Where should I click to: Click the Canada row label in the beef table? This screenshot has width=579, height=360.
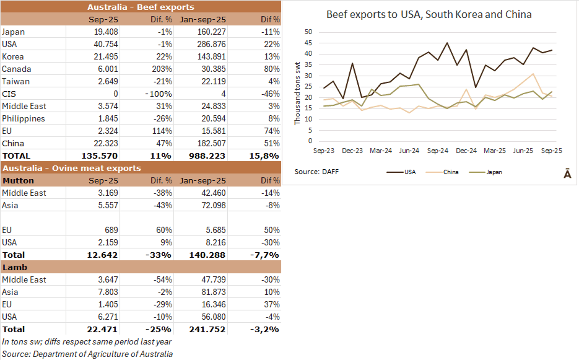pyautogui.click(x=17, y=69)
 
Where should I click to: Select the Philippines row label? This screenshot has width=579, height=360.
pyautogui.click(x=24, y=118)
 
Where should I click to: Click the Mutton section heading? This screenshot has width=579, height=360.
pyautogui.click(x=19, y=180)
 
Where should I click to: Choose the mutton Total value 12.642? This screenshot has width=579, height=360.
pyautogui.click(x=101, y=255)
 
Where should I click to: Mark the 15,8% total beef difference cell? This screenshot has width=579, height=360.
pyautogui.click(x=264, y=156)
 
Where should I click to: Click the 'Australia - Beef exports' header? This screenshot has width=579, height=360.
pyautogui.click(x=141, y=7)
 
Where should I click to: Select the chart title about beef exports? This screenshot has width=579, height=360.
pyautogui.click(x=429, y=14)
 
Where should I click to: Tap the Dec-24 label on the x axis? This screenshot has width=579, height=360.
pyautogui.click(x=466, y=151)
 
